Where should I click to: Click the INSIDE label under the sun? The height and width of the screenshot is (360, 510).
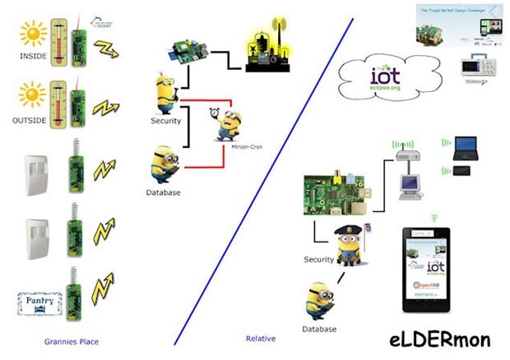(x=34, y=58)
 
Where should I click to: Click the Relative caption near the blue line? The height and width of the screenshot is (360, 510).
(x=260, y=338)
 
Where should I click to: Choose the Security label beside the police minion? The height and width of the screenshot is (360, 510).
(x=318, y=260)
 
